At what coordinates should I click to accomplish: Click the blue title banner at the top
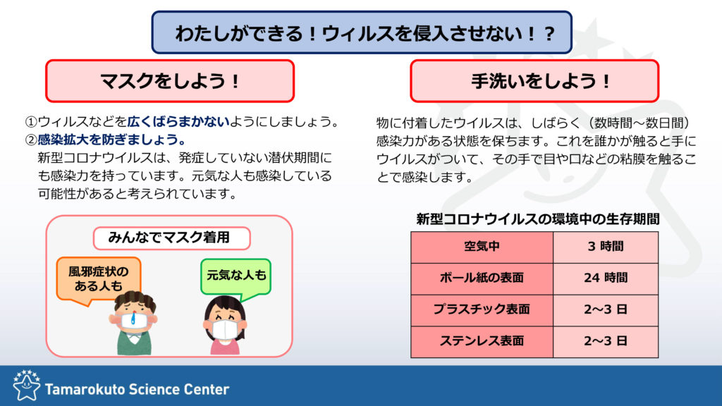pos(362,32)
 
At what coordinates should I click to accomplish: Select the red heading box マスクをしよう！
pos(170,81)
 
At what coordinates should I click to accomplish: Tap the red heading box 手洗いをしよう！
pos(534,81)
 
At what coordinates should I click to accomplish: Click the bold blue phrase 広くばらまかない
pos(178,121)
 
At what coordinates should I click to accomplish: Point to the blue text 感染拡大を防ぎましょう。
pos(112,140)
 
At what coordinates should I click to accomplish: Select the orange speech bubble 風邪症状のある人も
pos(99,280)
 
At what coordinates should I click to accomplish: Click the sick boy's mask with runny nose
pos(134,320)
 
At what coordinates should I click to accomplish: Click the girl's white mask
pos(226,329)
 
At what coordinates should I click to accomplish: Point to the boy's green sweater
pos(134,343)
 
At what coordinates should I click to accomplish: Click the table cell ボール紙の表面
pos(482,278)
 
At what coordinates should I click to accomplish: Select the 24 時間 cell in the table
pos(606,278)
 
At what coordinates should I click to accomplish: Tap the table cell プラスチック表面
pos(482,310)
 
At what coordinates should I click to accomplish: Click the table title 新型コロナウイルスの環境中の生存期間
pos(538,219)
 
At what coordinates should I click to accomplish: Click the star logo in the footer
pos(26,385)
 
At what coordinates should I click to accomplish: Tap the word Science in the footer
pos(154,389)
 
